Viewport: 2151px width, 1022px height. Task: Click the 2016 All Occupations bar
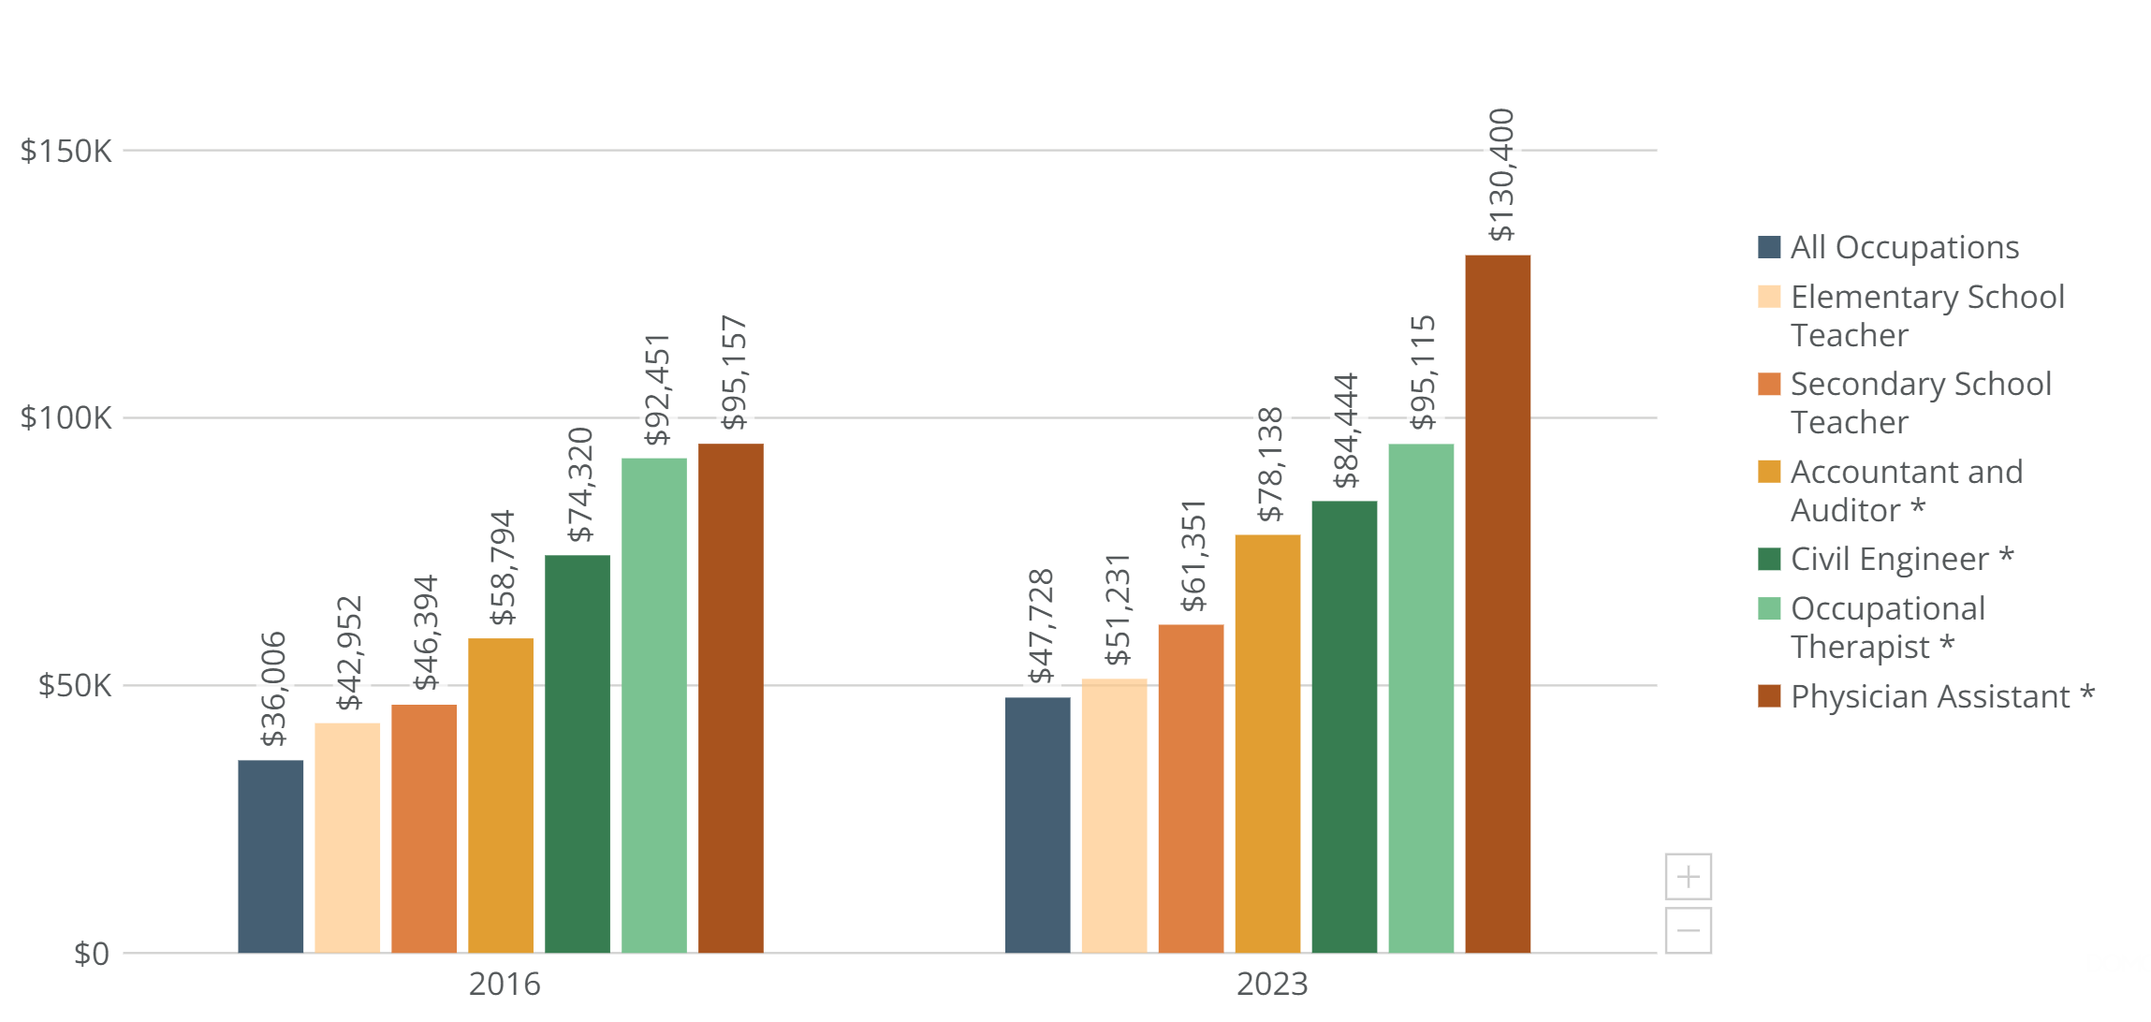click(x=271, y=856)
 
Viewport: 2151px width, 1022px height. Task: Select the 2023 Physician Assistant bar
click(x=1498, y=604)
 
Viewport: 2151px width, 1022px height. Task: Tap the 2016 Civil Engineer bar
click(x=578, y=753)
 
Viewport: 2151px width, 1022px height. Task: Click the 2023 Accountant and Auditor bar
click(x=1267, y=744)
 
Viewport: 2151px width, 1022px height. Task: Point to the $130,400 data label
click(x=1500, y=175)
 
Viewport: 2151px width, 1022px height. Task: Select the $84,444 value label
click(x=1346, y=431)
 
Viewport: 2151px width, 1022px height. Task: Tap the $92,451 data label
click(x=657, y=388)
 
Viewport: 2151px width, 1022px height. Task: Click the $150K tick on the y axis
click(x=66, y=151)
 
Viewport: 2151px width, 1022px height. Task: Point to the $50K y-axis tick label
click(x=74, y=686)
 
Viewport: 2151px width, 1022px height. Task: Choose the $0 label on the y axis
click(x=91, y=954)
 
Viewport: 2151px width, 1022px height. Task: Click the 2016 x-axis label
click(x=505, y=984)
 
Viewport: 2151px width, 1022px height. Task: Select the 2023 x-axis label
click(x=1272, y=984)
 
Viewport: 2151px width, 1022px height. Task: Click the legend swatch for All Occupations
click(x=1769, y=247)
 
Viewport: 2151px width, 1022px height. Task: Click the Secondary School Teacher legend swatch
click(x=1769, y=384)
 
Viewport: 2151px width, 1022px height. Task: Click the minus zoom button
click(x=1688, y=930)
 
